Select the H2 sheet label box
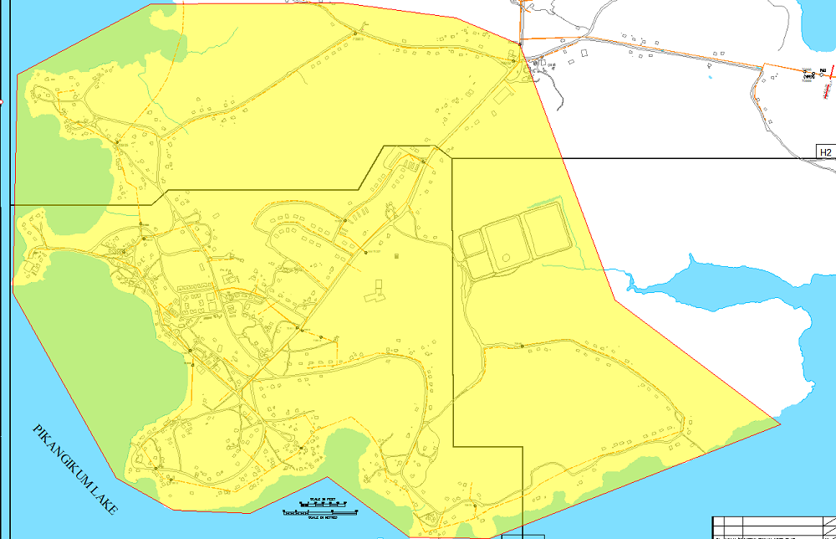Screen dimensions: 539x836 (x=826, y=152)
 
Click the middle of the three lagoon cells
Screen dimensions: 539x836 (x=507, y=242)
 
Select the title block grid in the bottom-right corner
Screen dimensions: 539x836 (x=773, y=526)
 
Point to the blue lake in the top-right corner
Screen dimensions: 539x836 (x=818, y=25)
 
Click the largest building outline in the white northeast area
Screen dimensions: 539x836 (x=584, y=54)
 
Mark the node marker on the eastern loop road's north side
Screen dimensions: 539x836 (x=522, y=346)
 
